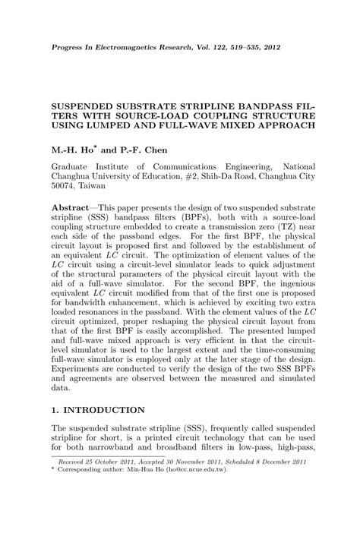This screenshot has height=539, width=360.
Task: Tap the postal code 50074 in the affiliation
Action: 65,184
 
